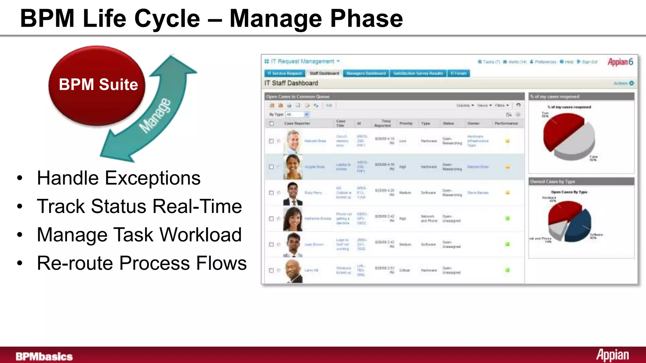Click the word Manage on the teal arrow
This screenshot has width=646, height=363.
pos(155,116)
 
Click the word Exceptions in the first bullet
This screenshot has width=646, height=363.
pos(152,178)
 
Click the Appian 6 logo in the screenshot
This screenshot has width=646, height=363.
pos(620,62)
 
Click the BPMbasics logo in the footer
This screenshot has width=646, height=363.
pos(44,356)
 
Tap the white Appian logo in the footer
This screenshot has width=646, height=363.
pos(612,355)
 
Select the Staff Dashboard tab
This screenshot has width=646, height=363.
pos(324,73)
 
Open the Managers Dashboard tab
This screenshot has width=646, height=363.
pos(366,73)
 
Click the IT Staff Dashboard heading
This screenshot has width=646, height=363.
pos(291,83)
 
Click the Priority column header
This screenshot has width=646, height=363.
pos(406,123)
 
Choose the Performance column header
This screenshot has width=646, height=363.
pos(506,123)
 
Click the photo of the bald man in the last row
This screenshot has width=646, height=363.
pos(293,271)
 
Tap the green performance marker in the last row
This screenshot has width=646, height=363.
pos(508,270)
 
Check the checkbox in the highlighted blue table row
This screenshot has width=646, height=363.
pos(271,167)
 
